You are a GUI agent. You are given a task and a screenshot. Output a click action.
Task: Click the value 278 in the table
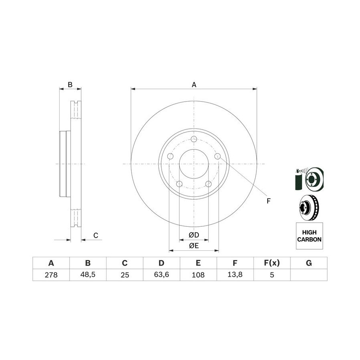tap(51, 274)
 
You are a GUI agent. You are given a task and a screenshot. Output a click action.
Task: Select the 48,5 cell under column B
tap(88, 274)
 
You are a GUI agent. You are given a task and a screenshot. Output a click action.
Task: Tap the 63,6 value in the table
tap(162, 274)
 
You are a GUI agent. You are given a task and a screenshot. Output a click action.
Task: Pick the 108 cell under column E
tap(198, 274)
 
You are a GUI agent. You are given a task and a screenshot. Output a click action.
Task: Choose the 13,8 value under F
tap(235, 274)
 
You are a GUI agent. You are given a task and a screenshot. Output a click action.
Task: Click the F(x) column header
tap(272, 263)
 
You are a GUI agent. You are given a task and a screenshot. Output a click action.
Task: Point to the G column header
tap(309, 263)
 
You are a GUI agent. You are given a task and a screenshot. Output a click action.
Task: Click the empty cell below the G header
tap(309, 275)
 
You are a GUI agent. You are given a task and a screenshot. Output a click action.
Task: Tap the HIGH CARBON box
tap(309, 236)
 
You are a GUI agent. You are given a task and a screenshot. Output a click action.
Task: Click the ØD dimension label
tap(194, 235)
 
